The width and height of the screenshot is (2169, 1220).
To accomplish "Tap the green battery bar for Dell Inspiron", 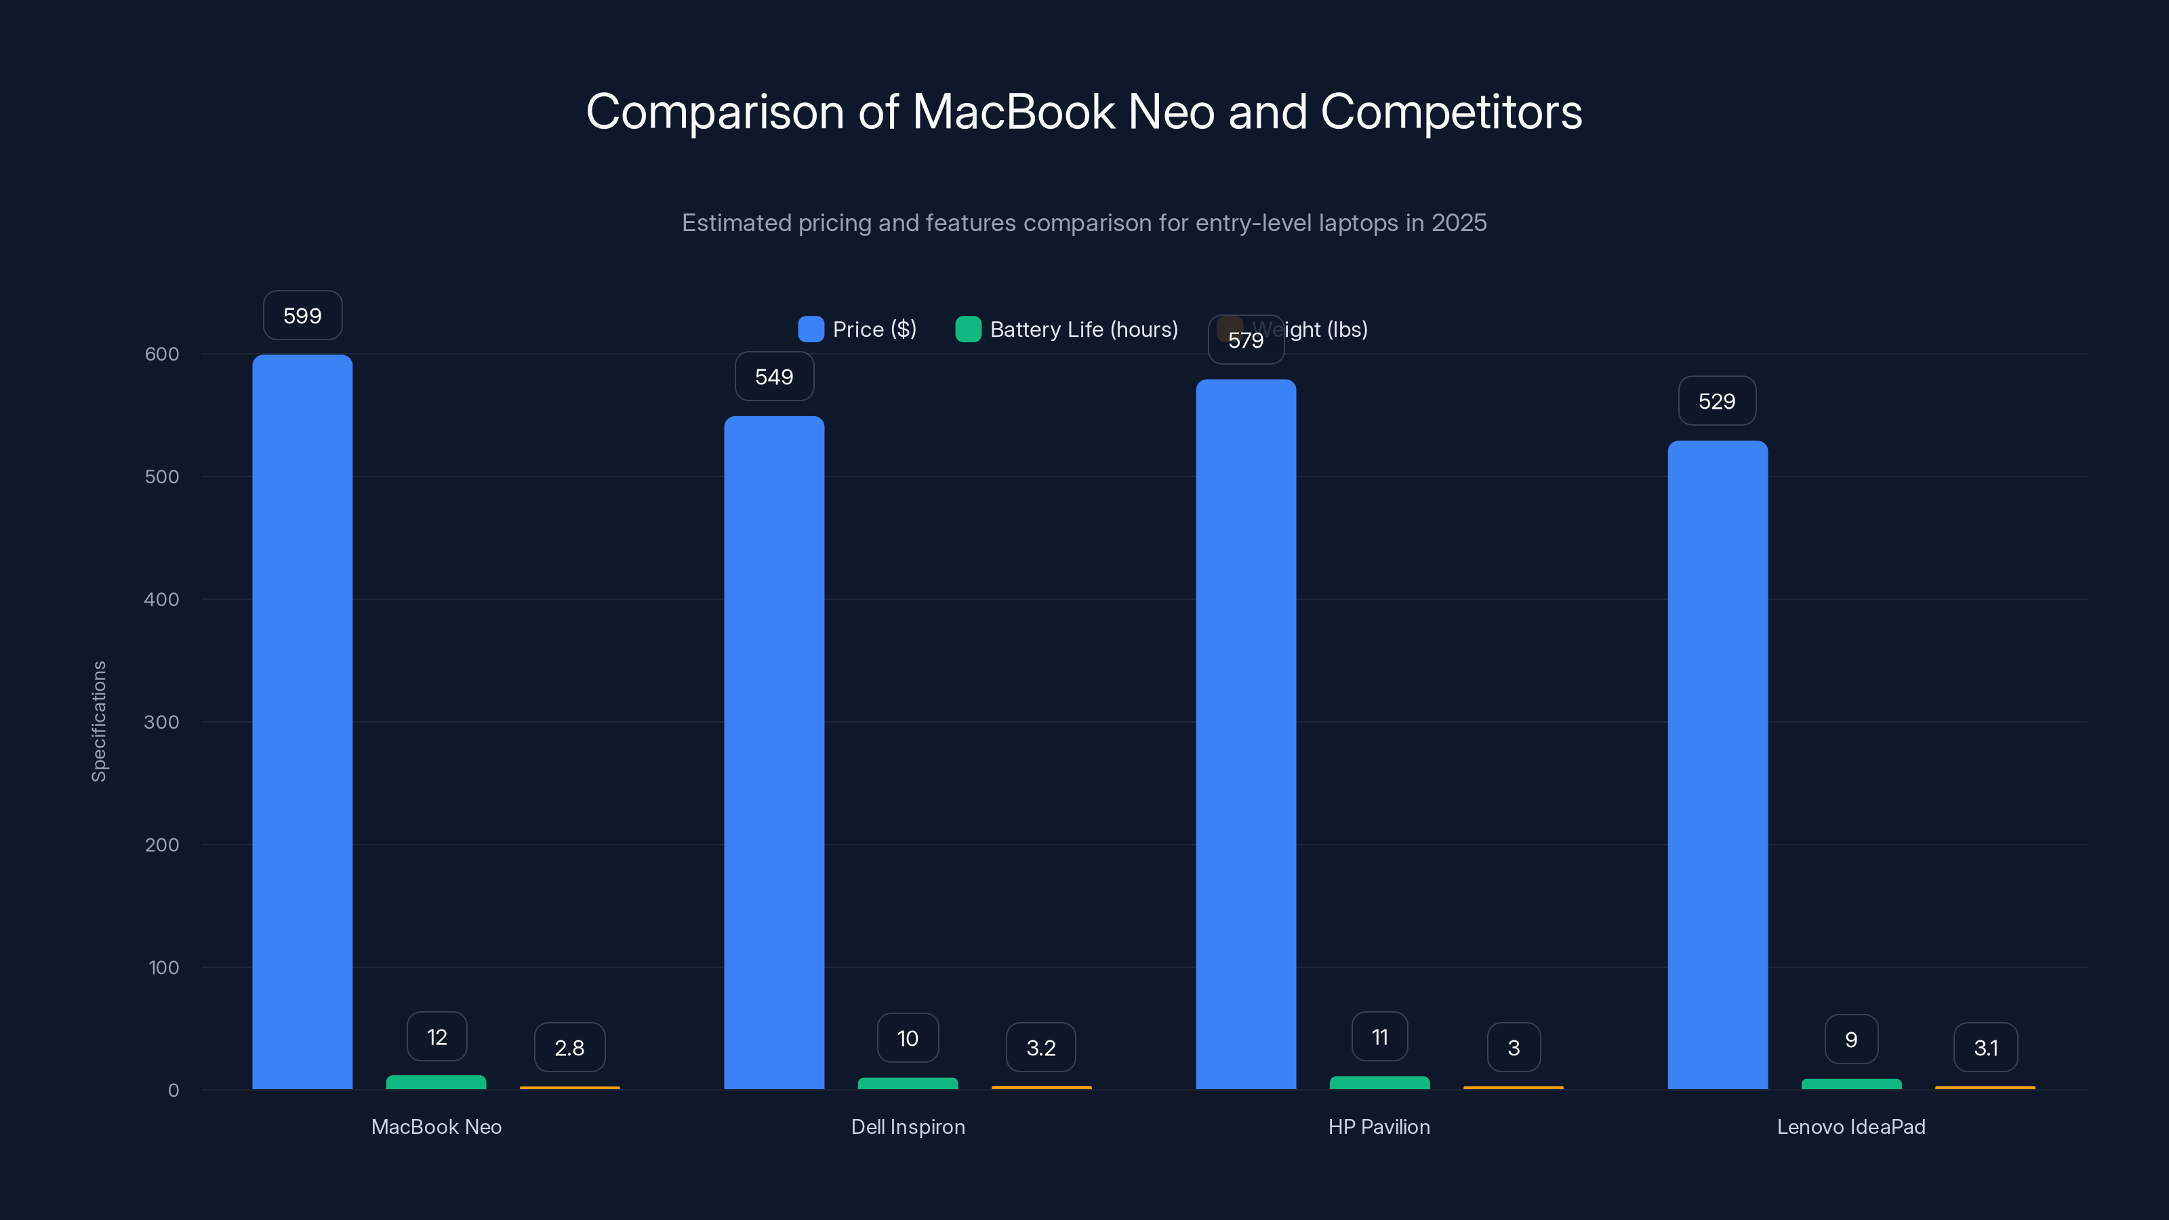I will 908,1084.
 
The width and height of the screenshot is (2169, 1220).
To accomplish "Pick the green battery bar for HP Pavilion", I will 1379,1083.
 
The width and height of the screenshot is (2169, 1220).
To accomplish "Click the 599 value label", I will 302,316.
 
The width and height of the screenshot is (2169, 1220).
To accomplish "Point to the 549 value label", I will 774,376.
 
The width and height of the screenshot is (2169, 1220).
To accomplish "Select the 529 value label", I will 1717,401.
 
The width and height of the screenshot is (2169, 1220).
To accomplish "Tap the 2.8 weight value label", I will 569,1047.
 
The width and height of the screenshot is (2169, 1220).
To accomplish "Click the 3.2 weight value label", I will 1040,1047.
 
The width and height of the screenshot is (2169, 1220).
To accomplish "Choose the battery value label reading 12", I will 436,1036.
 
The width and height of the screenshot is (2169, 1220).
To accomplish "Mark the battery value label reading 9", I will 1850,1039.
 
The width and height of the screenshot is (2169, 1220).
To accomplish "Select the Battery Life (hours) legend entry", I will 1067,329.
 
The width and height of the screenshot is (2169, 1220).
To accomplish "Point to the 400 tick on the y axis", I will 162,599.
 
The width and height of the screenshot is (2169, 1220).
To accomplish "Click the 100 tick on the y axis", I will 163,967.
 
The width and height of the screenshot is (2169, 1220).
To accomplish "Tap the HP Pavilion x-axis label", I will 1379,1126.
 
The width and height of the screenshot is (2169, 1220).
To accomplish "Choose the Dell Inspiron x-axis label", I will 908,1126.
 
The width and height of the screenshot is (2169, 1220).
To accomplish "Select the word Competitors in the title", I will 1451,111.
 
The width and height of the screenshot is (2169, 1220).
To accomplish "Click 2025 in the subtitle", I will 1459,223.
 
